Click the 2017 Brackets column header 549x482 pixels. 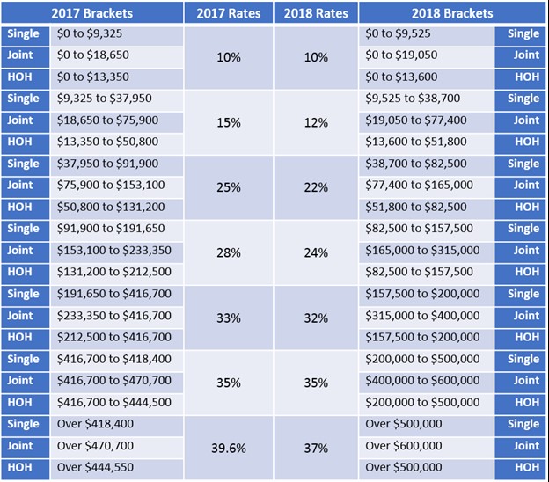pyautogui.click(x=91, y=13)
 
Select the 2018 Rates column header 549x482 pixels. pyautogui.click(x=315, y=13)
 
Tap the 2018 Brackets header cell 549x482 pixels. pyautogui.click(x=452, y=13)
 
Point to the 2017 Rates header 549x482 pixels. pyautogui.click(x=228, y=13)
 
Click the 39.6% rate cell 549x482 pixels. pyautogui.click(x=228, y=447)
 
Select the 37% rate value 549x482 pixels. pyautogui.click(x=315, y=447)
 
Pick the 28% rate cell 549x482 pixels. pyautogui.click(x=228, y=252)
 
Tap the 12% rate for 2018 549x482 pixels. pyautogui.click(x=315, y=122)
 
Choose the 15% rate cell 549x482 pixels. pyautogui.click(x=228, y=122)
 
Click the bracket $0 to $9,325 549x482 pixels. pyautogui.click(x=90, y=34)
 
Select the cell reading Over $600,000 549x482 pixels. pyautogui.click(x=404, y=446)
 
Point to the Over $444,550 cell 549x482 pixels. pyautogui.click(x=95, y=467)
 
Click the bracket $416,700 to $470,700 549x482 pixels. pyautogui.click(x=114, y=381)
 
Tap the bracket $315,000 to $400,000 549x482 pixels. pyautogui.click(x=422, y=316)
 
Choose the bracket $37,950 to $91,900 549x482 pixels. pyautogui.click(x=107, y=164)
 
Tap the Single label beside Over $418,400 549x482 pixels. pyautogui.click(x=22, y=424)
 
